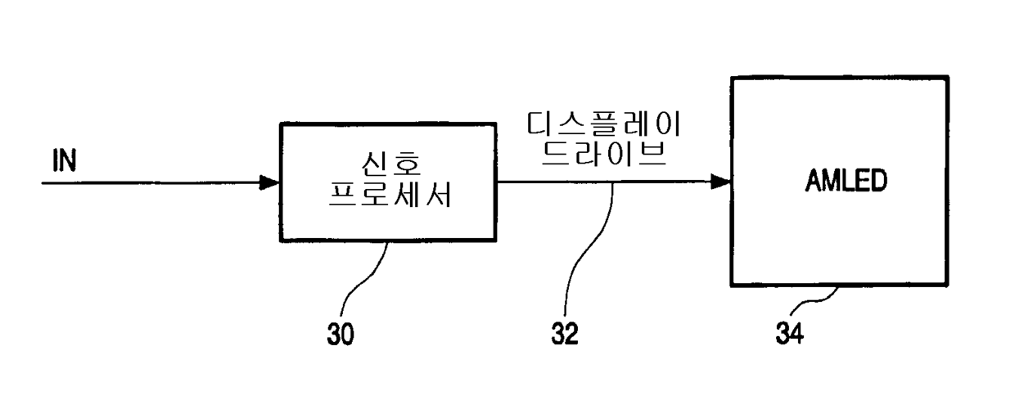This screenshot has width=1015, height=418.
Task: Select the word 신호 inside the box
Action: click(390, 164)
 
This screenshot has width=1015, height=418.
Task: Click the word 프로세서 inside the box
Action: click(390, 197)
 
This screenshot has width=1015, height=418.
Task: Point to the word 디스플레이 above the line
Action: click(605, 126)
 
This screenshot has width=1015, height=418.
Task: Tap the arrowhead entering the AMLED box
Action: click(721, 182)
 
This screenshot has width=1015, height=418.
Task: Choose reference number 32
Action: click(564, 335)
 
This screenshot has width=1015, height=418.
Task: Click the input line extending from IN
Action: click(147, 182)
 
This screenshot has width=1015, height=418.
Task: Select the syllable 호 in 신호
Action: click(408, 164)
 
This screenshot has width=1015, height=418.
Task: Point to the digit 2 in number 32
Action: click(572, 335)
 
